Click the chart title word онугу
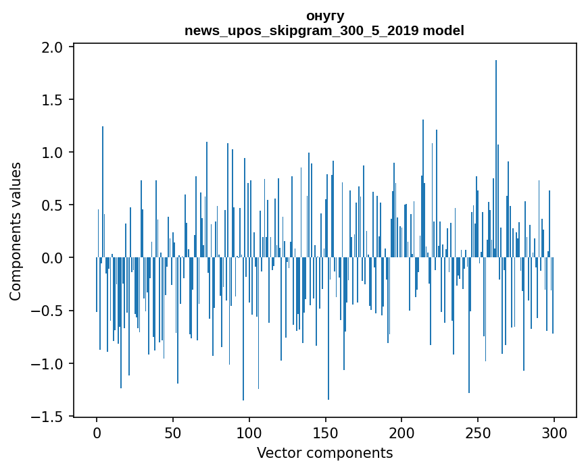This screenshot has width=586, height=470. pyautogui.click(x=324, y=17)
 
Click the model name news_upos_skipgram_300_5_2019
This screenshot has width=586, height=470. pyautogui.click(x=301, y=31)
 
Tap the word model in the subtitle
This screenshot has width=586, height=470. pyautogui.click(x=443, y=30)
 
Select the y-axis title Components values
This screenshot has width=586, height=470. pyautogui.click(x=16, y=232)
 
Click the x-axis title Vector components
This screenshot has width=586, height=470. pyautogui.click(x=324, y=453)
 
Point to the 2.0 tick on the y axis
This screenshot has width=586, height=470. pyautogui.click(x=52, y=47)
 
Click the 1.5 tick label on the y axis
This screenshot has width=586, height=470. pyautogui.click(x=52, y=100)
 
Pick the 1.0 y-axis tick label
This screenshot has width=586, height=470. pyautogui.click(x=52, y=153)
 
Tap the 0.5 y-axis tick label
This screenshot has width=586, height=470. pyautogui.click(x=52, y=205)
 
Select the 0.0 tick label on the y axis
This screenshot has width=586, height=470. pyautogui.click(x=52, y=258)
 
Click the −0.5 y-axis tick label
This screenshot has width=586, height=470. pyautogui.click(x=47, y=311)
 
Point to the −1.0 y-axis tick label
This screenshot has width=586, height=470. pyautogui.click(x=47, y=363)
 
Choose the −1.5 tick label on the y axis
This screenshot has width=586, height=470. pyautogui.click(x=47, y=416)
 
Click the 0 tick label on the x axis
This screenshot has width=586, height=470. pyautogui.click(x=97, y=434)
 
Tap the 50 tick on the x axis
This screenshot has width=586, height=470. pyautogui.click(x=173, y=434)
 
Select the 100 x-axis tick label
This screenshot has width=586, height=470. pyautogui.click(x=249, y=434)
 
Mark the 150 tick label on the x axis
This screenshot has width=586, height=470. pyautogui.click(x=326, y=434)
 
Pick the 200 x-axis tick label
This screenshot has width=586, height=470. pyautogui.click(x=401, y=434)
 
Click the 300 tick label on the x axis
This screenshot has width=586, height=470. pyautogui.click(x=554, y=434)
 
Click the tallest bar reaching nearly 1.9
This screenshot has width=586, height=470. pyautogui.click(x=496, y=159)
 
